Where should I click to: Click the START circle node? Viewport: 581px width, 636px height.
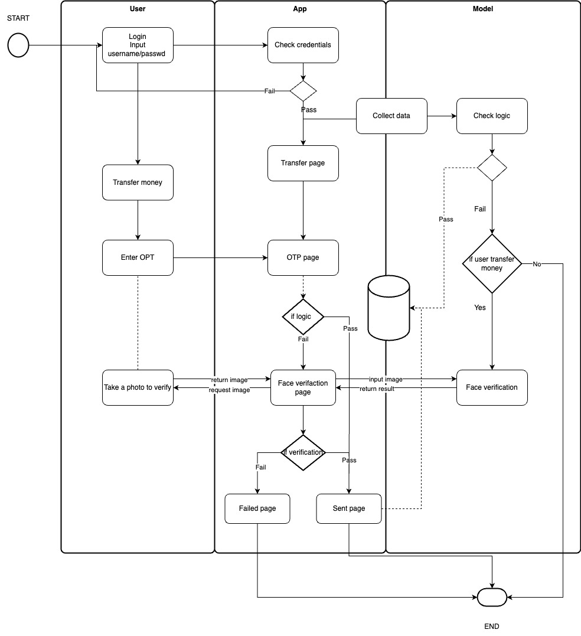18,45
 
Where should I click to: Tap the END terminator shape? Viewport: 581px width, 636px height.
492,598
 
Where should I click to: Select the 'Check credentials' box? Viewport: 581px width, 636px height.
303,45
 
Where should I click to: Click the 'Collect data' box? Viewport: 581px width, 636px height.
391,116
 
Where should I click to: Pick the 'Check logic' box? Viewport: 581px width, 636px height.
492,116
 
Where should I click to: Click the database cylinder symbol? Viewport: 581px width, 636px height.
389,308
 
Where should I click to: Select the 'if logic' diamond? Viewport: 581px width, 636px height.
303,317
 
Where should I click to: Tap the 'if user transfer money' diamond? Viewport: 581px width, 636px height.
492,263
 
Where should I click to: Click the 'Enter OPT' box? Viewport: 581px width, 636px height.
138,257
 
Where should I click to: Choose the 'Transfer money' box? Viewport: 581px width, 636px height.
138,182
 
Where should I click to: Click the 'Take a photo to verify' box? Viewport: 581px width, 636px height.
138,387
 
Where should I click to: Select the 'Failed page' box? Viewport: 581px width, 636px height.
257,508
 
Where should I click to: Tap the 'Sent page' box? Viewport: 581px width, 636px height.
349,508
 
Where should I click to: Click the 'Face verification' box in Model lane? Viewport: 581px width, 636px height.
492,387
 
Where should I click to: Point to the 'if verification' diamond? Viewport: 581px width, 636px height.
303,452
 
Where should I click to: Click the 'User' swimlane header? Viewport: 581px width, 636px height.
138,9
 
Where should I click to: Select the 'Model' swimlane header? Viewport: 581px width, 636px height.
483,9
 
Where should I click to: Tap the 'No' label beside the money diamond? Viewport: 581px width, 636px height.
537,264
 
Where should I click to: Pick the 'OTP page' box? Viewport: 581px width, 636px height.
303,257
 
